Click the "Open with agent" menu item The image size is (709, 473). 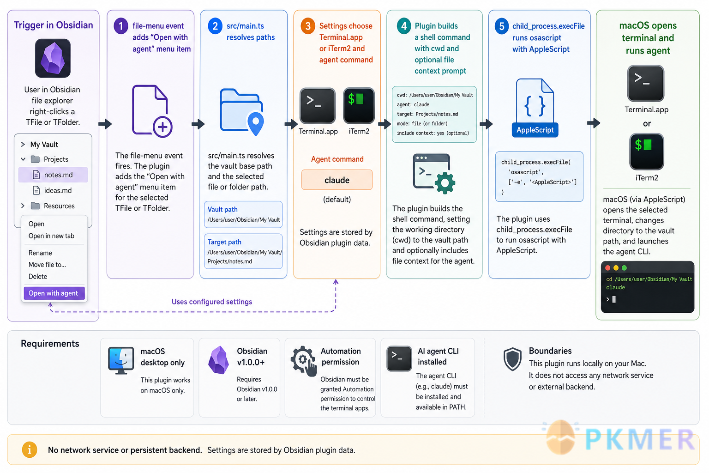click(54, 293)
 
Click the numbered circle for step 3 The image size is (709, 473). click(308, 26)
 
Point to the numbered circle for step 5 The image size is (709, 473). click(502, 26)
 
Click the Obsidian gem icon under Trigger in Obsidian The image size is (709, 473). click(53, 58)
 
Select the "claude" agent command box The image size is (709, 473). click(337, 180)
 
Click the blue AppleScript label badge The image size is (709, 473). click(535, 130)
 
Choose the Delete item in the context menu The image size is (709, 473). click(38, 276)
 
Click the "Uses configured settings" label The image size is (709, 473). click(212, 302)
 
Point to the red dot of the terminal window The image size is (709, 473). click(608, 268)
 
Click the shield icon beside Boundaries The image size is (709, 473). click(512, 359)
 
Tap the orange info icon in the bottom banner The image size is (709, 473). click(30, 449)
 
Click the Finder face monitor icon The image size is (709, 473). click(121, 360)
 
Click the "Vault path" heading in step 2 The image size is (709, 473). click(222, 209)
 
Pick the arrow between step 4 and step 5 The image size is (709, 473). click(486, 123)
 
